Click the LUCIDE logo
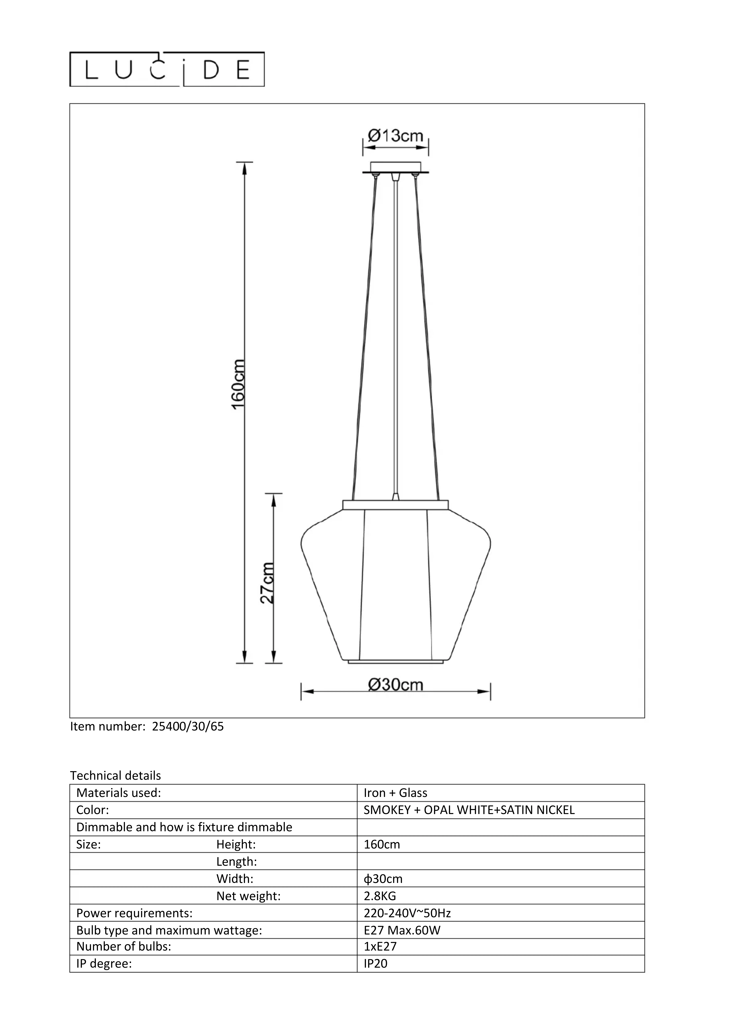pyautogui.click(x=167, y=69)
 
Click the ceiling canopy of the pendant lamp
pyautogui.click(x=395, y=167)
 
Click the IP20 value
pyautogui.click(x=375, y=964)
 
